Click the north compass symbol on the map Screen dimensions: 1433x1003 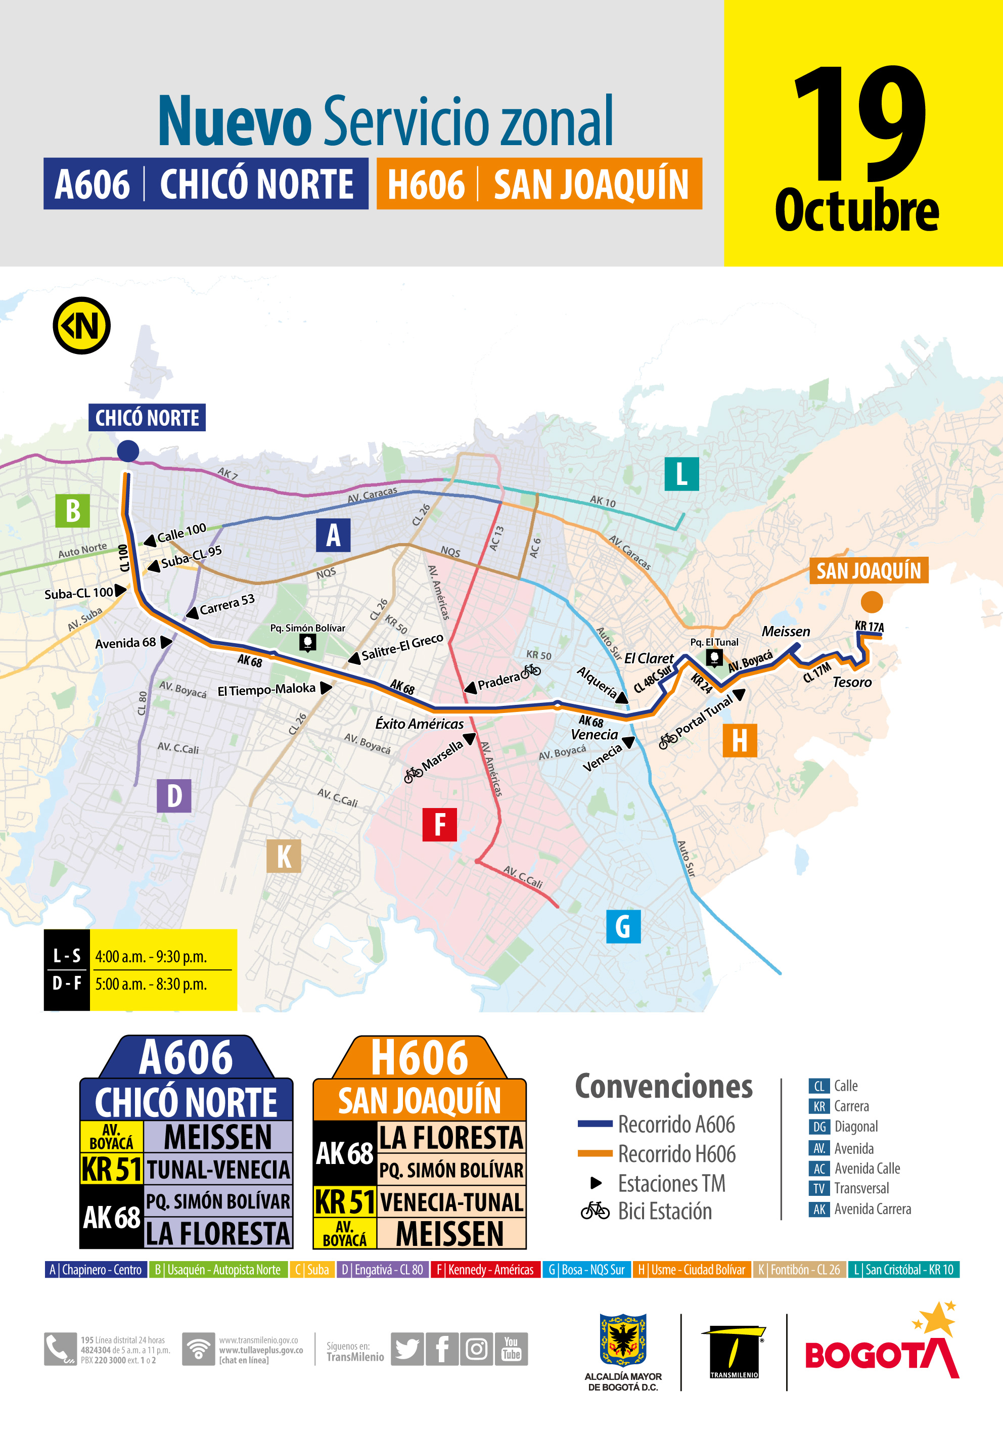pyautogui.click(x=82, y=326)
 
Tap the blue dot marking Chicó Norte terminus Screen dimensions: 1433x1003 pyautogui.click(x=128, y=451)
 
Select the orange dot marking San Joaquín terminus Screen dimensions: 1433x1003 pyautogui.click(x=871, y=602)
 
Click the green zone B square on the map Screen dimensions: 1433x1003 pyautogui.click(x=72, y=511)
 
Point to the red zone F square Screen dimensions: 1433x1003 pyautogui.click(x=439, y=825)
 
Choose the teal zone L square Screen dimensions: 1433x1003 pyautogui.click(x=681, y=474)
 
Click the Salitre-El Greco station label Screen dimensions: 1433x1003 pyautogui.click(x=402, y=647)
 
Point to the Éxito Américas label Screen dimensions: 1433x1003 pyautogui.click(x=420, y=724)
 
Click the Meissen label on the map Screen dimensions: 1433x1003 pyautogui.click(x=786, y=632)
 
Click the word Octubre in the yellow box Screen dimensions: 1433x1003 pyautogui.click(x=856, y=211)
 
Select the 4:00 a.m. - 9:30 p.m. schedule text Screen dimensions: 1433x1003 pyautogui.click(x=151, y=957)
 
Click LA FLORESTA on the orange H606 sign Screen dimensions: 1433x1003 pyautogui.click(x=450, y=1138)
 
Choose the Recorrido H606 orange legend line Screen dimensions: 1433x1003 pyautogui.click(x=595, y=1153)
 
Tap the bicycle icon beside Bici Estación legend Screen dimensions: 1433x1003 pyautogui.click(x=595, y=1211)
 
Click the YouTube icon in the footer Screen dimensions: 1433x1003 pyautogui.click(x=511, y=1349)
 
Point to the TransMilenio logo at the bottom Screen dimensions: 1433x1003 pyautogui.click(x=734, y=1353)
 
